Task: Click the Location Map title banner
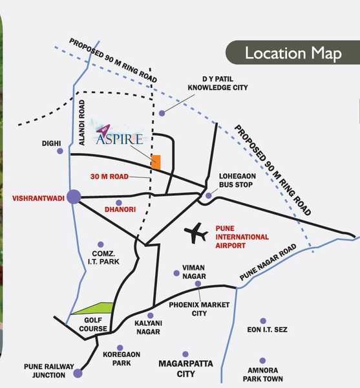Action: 293,53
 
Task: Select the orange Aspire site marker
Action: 156,162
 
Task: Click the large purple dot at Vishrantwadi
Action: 74,197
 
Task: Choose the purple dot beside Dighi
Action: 60,151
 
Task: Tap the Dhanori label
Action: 118,210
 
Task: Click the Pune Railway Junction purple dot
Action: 78,373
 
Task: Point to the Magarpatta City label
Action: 186,369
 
